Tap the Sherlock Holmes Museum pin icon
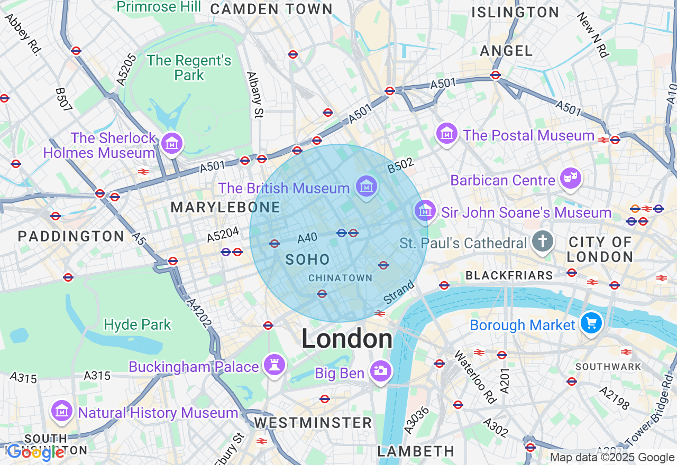pyautogui.click(x=172, y=143)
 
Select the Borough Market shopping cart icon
pyautogui.click(x=591, y=322)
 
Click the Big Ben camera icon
pyautogui.click(x=380, y=371)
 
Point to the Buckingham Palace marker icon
pyautogui.click(x=275, y=365)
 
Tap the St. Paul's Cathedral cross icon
pyautogui.click(x=542, y=242)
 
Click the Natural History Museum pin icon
pyautogui.click(x=61, y=411)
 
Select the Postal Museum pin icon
pyautogui.click(x=447, y=134)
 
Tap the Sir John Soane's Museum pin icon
pyautogui.click(x=425, y=211)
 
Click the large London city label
pyautogui.click(x=347, y=339)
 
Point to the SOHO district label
pyautogui.click(x=307, y=259)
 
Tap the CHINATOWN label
pyautogui.click(x=340, y=278)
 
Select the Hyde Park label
pyautogui.click(x=138, y=324)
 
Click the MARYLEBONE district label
pyautogui.click(x=225, y=208)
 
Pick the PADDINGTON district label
pyautogui.click(x=71, y=236)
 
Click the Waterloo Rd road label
pyautogui.click(x=474, y=377)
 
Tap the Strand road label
pyautogui.click(x=399, y=293)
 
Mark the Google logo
pyautogui.click(x=35, y=452)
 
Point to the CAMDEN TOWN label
pyautogui.click(x=271, y=9)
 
